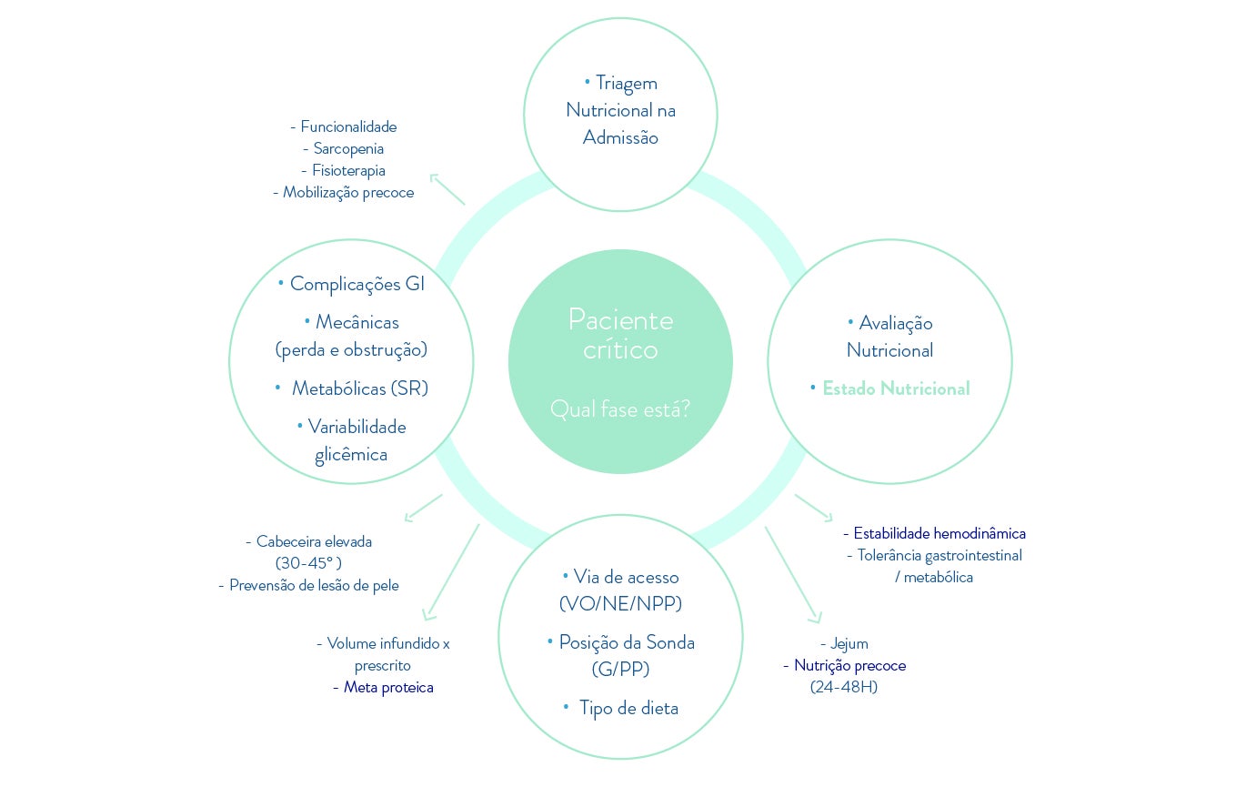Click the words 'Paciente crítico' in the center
[x=620, y=334]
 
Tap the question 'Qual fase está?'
[x=620, y=409]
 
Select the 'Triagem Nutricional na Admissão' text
[x=620, y=110]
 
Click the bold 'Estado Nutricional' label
[x=896, y=388]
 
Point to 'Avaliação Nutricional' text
[x=889, y=337]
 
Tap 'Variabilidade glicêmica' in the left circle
[x=352, y=440]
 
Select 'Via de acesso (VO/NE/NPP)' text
[x=620, y=590]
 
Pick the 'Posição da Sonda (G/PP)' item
[x=620, y=655]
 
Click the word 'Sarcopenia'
[x=348, y=148]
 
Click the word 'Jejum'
[x=849, y=643]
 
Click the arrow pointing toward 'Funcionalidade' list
[x=447, y=188]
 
